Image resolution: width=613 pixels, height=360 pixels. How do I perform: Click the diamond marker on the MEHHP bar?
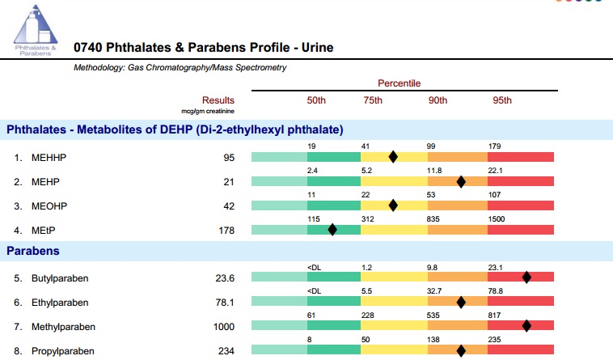click(393, 157)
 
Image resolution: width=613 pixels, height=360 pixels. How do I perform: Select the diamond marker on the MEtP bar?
click(332, 230)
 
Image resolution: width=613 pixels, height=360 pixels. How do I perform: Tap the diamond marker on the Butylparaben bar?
click(526, 277)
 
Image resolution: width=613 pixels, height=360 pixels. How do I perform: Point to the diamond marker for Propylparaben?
click(461, 351)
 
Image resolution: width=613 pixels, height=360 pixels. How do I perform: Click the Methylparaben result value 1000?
click(223, 327)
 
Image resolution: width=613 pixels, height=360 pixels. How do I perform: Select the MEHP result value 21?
click(228, 182)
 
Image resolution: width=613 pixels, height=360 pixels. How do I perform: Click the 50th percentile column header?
click(315, 100)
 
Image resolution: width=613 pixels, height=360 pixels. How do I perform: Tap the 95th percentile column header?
click(501, 100)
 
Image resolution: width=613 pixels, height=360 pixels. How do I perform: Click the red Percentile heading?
click(399, 83)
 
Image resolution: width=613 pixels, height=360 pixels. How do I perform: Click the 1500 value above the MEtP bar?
click(499, 219)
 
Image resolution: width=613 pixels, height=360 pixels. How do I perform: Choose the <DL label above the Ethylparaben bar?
click(314, 291)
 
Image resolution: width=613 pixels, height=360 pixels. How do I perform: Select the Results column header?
click(218, 100)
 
